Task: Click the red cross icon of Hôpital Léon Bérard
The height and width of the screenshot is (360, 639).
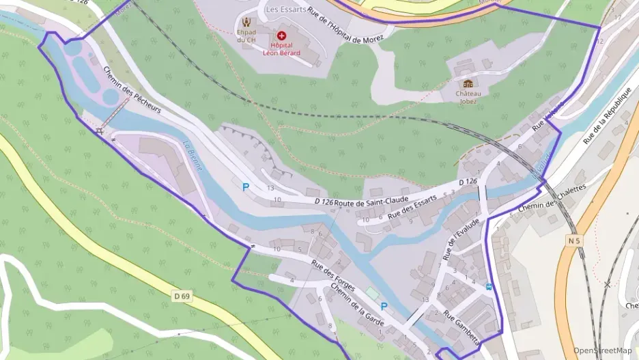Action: pos(282,34)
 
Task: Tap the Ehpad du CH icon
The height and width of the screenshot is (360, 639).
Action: pos(246,21)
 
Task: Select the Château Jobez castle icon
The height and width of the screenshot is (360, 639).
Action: pos(468,83)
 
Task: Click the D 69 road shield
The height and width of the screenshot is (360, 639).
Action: pos(181,295)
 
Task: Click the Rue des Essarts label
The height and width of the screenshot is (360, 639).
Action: pos(412,206)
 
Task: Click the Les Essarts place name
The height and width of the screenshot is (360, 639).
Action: pos(285,10)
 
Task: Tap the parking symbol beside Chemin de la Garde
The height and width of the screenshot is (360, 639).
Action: pos(384,307)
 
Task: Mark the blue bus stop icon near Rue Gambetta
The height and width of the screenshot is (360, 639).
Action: pos(489,286)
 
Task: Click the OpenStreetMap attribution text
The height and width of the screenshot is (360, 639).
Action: pos(603,350)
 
